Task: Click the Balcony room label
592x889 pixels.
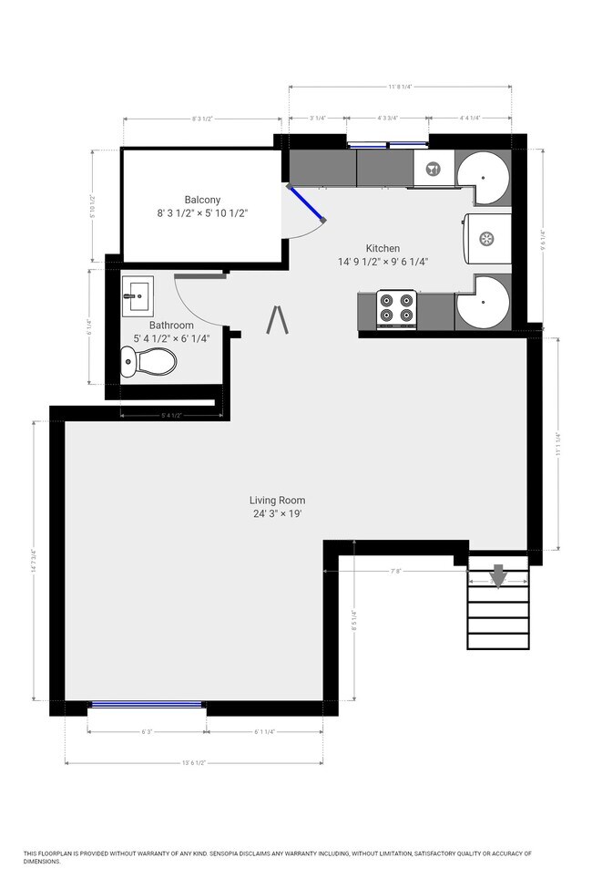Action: pos(202,200)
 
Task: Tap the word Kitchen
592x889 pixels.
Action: pos(383,248)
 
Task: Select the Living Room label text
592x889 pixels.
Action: pos(278,500)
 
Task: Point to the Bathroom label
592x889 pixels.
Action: pos(171,326)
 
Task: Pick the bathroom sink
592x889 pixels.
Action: pos(138,294)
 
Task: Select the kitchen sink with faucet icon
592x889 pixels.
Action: pos(433,168)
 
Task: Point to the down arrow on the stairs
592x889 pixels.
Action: pos(498,575)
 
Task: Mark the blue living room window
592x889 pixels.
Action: pos(147,703)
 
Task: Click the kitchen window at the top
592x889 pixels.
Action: pos(389,143)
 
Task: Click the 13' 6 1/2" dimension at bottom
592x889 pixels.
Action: pos(193,762)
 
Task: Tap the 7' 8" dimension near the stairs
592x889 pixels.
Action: pos(395,572)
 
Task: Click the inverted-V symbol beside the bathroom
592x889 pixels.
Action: pos(279,320)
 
